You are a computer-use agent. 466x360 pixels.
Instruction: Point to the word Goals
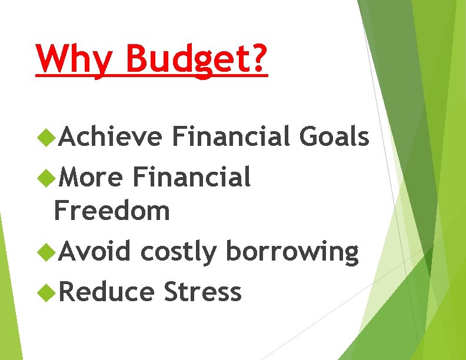click(335, 137)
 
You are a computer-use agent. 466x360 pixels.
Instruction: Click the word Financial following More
click(192, 176)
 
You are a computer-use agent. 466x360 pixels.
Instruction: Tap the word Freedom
click(112, 211)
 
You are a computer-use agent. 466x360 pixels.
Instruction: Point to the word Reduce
click(106, 292)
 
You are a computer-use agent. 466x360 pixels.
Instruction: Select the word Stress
click(202, 292)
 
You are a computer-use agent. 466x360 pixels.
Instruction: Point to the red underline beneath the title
click(152, 75)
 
